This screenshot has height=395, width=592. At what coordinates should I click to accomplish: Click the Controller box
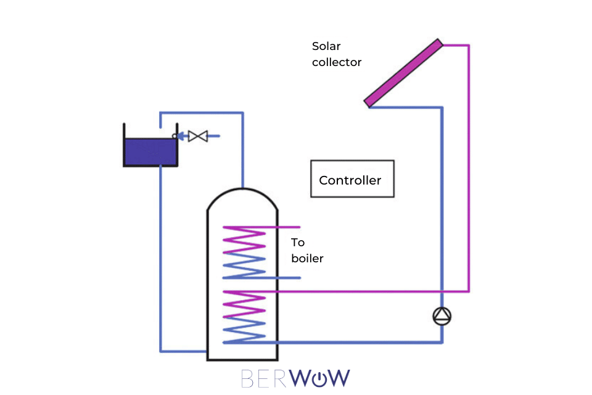[352, 180]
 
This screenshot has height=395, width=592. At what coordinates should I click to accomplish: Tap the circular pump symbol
[442, 317]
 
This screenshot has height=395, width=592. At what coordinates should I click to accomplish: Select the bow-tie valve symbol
[198, 136]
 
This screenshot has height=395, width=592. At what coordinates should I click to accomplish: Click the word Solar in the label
[326, 46]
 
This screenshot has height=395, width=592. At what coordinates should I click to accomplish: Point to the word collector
[337, 62]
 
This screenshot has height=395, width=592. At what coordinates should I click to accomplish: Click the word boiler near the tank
[307, 259]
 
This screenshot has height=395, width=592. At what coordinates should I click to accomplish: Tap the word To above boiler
[298, 243]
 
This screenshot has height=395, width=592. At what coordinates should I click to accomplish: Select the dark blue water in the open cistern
[150, 152]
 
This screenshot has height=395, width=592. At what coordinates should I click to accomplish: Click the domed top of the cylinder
[243, 197]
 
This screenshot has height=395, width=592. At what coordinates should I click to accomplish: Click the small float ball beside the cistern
[175, 136]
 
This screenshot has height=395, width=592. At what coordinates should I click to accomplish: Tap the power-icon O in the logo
[323, 378]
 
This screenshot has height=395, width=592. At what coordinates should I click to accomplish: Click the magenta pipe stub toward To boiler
[290, 227]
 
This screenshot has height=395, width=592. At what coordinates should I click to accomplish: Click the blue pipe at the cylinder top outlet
[243, 179]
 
